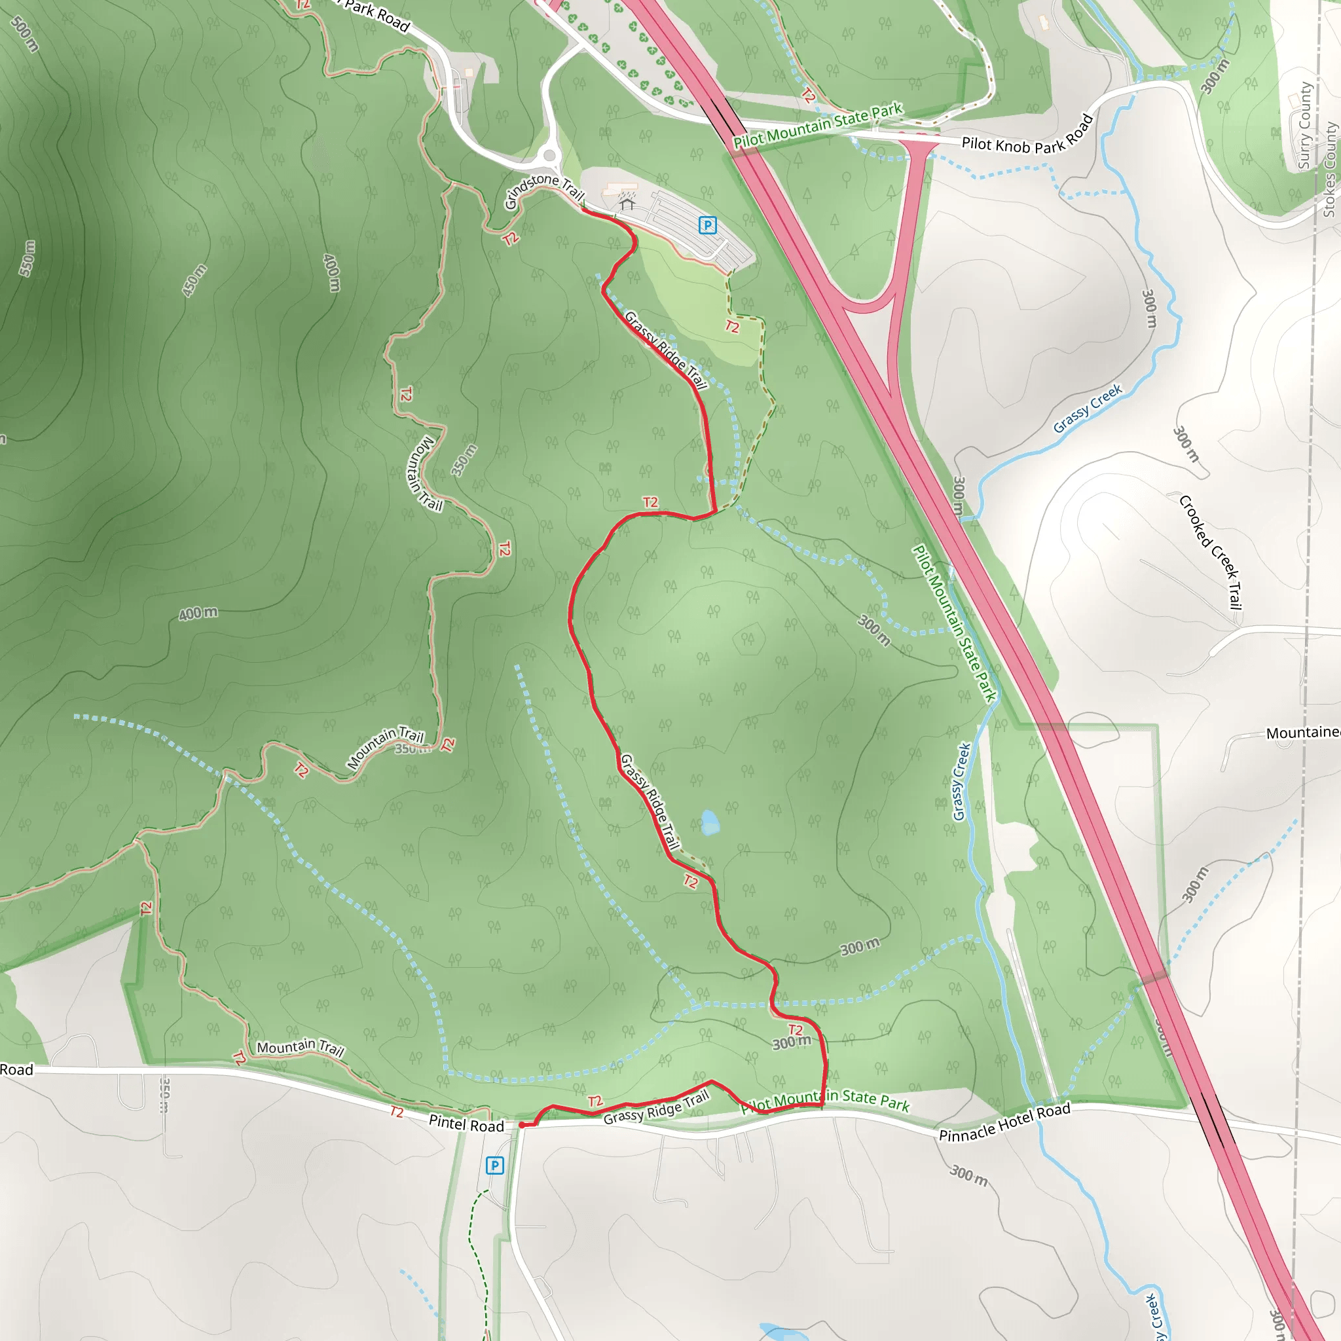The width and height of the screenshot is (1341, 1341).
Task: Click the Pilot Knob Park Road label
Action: (x=1027, y=136)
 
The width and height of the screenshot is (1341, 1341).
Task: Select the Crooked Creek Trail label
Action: (x=1211, y=552)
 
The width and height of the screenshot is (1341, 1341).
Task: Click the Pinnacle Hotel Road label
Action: (x=1004, y=1122)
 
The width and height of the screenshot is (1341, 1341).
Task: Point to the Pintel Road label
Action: (x=466, y=1124)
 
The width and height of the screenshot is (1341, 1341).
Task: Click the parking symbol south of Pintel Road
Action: (x=494, y=1166)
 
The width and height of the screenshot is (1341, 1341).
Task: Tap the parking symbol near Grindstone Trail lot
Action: (x=707, y=225)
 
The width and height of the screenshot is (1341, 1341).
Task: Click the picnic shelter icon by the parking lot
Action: (x=627, y=204)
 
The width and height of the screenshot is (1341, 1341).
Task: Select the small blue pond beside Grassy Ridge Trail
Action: (x=709, y=823)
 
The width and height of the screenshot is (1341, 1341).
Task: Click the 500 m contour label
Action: (x=25, y=33)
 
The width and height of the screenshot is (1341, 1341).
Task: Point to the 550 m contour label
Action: (x=26, y=258)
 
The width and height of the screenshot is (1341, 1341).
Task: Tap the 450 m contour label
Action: (x=195, y=280)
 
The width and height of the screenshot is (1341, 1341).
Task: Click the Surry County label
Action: (x=1304, y=126)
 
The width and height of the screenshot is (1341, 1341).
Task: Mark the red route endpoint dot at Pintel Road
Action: (x=521, y=1125)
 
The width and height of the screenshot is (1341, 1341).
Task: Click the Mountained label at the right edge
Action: (x=1303, y=733)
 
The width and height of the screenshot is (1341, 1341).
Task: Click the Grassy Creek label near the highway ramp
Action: (x=1087, y=409)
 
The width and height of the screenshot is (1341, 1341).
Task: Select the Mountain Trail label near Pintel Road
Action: (x=301, y=1048)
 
